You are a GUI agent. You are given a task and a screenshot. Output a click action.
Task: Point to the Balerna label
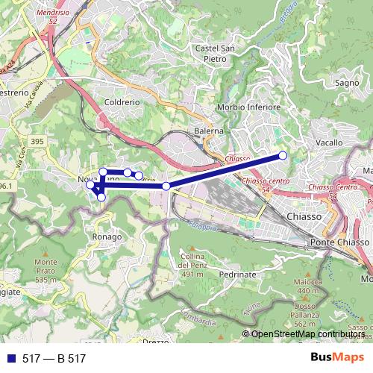coord(209,131)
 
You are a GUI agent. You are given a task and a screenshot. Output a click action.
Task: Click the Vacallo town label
coord(329,142)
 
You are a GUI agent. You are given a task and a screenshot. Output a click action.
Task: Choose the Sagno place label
coord(348,83)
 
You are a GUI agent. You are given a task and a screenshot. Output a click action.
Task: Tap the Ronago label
coord(107,236)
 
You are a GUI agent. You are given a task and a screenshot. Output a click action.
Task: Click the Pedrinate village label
coord(240,275)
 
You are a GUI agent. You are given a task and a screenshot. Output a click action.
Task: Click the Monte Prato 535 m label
coord(46,271)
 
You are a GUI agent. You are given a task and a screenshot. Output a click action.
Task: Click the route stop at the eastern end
coord(283,155)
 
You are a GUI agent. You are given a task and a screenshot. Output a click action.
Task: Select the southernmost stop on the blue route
coord(101,198)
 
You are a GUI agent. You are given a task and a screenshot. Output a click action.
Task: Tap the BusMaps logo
coord(336,358)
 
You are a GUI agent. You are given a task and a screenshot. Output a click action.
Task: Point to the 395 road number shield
coord(37,141)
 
